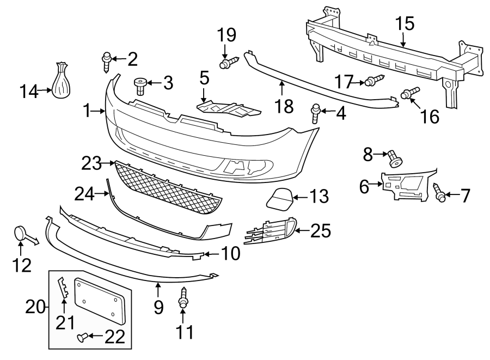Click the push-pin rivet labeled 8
394,158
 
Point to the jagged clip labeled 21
64,288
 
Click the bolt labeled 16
409,93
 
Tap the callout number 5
204,78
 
